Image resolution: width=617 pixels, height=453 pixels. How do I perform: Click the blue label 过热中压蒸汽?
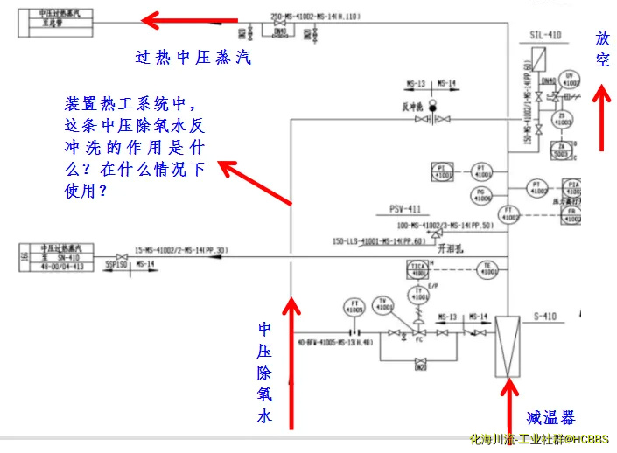[193, 59]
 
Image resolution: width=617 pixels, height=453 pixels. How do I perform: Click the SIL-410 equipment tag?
[544, 35]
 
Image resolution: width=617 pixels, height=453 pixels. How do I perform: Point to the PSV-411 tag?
[406, 210]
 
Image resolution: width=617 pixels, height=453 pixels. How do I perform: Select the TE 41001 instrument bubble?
[491, 269]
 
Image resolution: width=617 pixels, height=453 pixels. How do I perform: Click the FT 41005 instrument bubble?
[354, 306]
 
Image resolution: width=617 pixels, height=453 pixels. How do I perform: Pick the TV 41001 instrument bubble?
[383, 305]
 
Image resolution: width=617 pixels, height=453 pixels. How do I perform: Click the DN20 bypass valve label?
[421, 366]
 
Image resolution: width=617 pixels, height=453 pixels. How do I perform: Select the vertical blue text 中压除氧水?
[264, 373]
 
